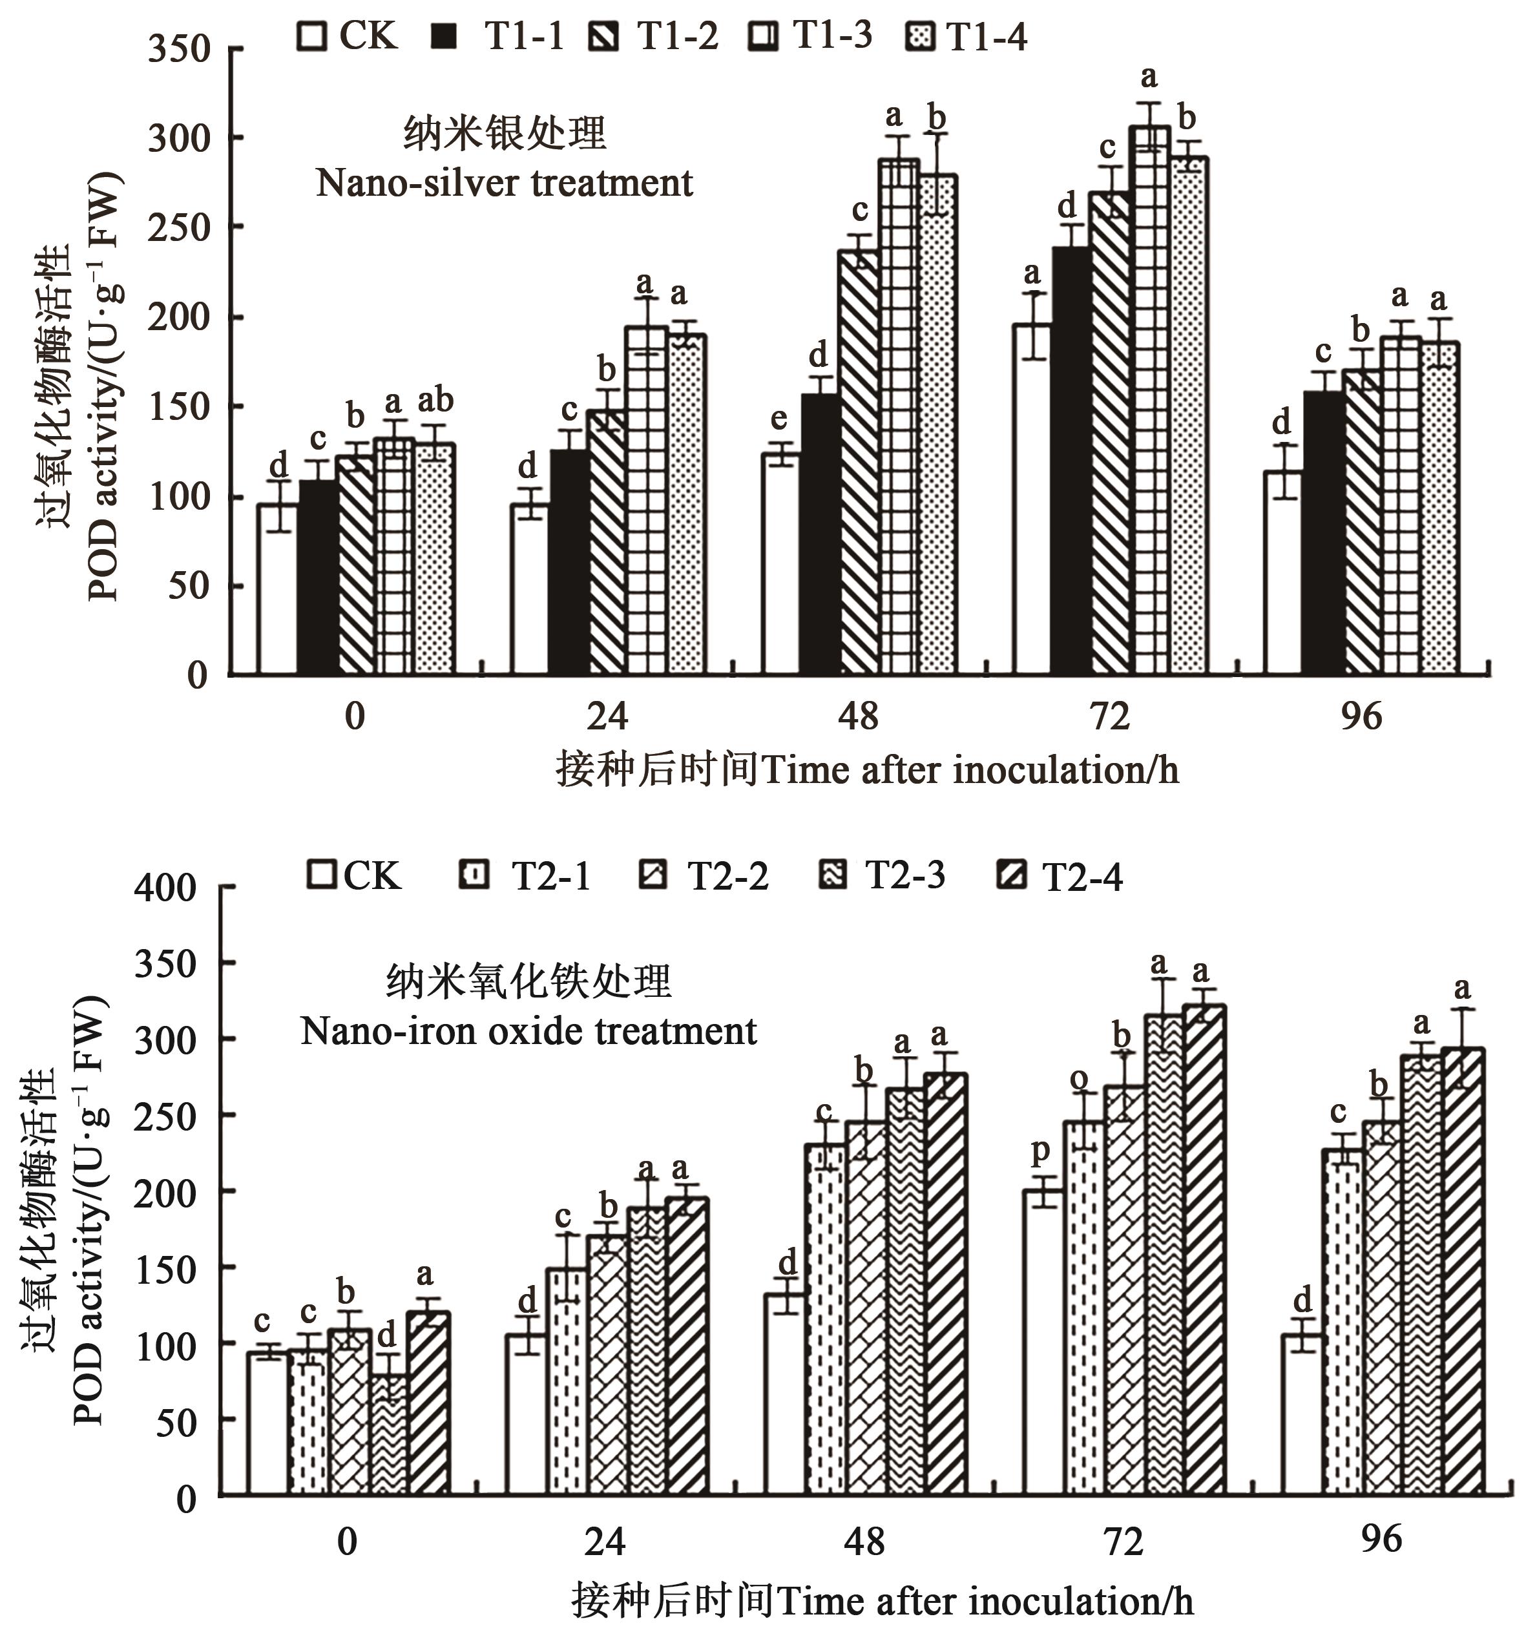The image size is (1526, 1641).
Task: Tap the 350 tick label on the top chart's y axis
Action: (179, 50)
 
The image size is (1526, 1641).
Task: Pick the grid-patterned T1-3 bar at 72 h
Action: (1149, 401)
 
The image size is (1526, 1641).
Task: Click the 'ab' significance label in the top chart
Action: (435, 401)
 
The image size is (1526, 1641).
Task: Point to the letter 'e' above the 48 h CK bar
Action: (779, 419)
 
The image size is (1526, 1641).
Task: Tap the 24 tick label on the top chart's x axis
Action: (607, 716)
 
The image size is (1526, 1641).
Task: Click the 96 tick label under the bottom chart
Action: (1381, 1540)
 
